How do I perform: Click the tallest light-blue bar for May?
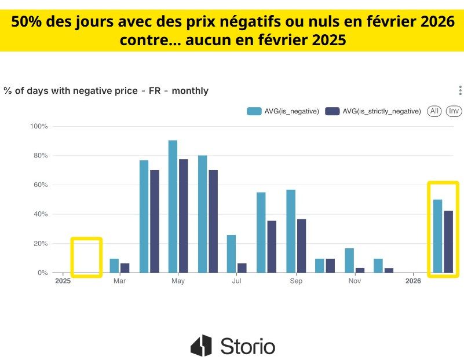[x=173, y=206]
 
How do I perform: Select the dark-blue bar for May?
[x=184, y=216]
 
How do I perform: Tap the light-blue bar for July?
[x=231, y=254]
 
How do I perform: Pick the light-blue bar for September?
[x=291, y=231]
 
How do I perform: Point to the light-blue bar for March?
[x=114, y=266]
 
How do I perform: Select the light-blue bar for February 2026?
[x=437, y=236]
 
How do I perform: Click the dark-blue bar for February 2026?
[x=448, y=241]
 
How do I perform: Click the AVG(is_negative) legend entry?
[x=283, y=111]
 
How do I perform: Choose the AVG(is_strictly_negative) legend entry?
[x=373, y=111]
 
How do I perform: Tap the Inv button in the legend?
[x=454, y=111]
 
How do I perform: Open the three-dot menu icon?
[x=460, y=90]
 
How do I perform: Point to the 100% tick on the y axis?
[x=39, y=126]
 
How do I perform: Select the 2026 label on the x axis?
[x=413, y=281]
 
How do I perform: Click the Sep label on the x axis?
[x=296, y=281]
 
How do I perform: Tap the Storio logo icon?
[x=201, y=346]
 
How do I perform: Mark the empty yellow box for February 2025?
[x=86, y=257]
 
